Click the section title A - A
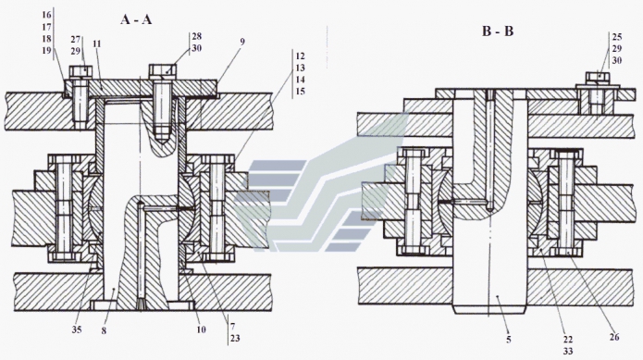[x=136, y=19]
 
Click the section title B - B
[x=498, y=31]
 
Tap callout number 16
[x=46, y=15]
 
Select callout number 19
[x=46, y=50]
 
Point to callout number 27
[x=76, y=40]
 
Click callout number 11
[x=97, y=43]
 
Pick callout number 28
[x=197, y=36]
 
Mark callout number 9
[x=242, y=42]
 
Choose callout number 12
[x=300, y=56]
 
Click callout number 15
[x=300, y=91]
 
